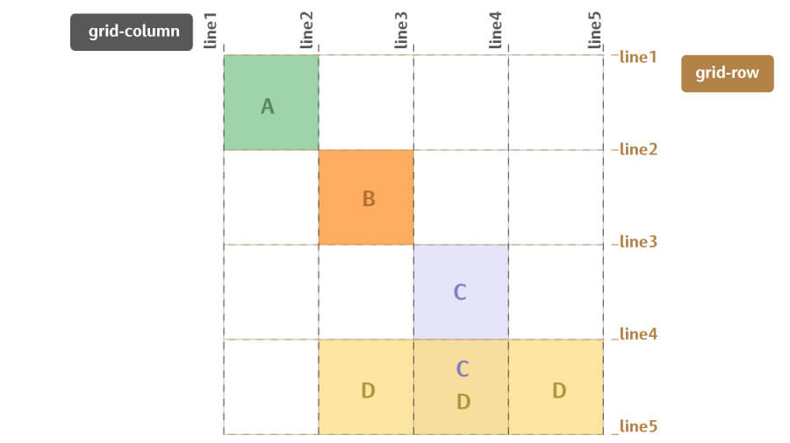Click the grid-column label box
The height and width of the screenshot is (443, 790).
click(x=132, y=32)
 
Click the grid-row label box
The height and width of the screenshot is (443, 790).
click(x=727, y=74)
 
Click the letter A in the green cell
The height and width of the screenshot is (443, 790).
click(x=268, y=107)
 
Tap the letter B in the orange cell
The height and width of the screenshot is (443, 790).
click(x=369, y=199)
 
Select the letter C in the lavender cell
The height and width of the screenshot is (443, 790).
click(x=460, y=293)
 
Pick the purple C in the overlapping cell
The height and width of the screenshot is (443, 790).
click(x=463, y=369)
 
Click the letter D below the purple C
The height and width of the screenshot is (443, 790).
click(x=463, y=402)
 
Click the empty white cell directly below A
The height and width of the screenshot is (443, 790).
click(x=271, y=197)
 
